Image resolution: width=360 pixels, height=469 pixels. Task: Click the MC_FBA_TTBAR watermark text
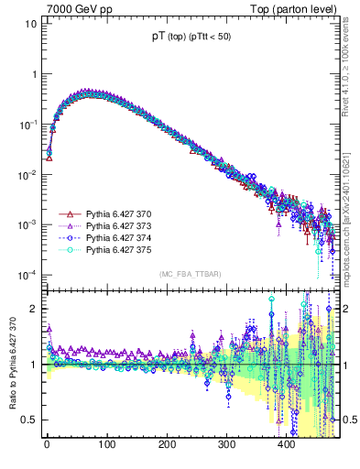[x=190, y=275]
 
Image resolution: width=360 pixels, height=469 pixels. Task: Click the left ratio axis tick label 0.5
[x=27, y=420]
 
